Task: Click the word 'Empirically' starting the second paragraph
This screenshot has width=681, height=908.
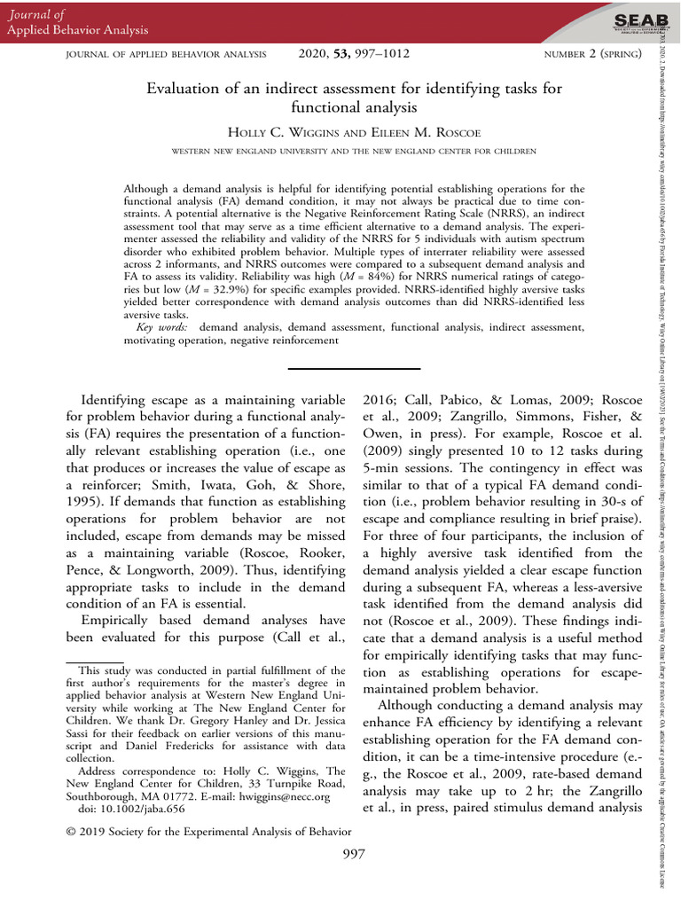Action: point(117,619)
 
